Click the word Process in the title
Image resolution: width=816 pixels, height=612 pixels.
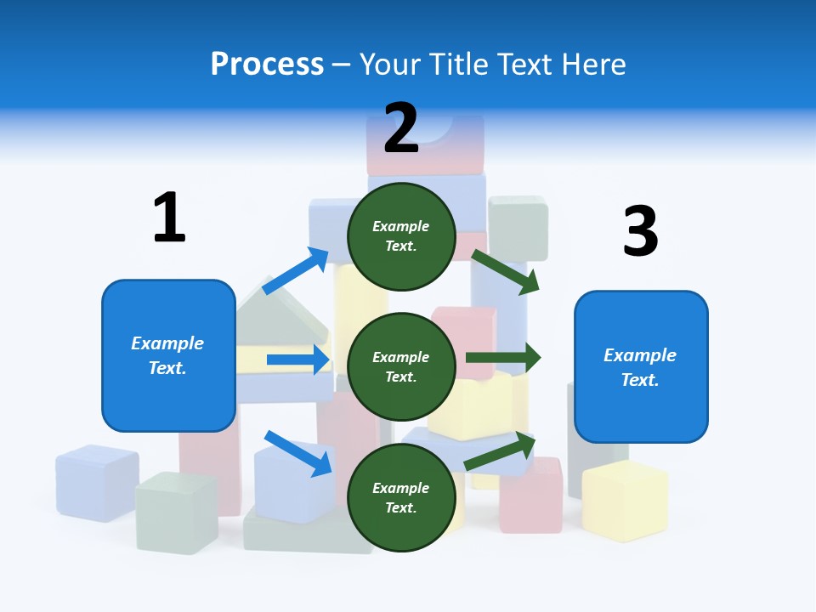[267, 65]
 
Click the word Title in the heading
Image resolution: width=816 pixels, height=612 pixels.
[459, 65]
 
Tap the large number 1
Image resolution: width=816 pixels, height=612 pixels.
[169, 218]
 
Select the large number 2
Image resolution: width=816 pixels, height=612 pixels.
[401, 128]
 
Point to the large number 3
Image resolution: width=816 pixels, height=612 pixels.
[640, 231]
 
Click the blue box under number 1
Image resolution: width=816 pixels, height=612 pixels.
[168, 355]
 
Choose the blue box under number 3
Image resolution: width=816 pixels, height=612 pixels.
[641, 367]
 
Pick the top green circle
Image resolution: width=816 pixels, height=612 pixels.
[401, 235]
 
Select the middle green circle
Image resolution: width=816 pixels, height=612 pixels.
[401, 366]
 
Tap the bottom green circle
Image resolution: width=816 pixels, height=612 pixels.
[401, 497]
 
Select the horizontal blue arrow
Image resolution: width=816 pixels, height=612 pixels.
[298, 360]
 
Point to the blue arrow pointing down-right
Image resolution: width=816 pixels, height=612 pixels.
[298, 453]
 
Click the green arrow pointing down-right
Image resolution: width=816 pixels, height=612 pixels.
[506, 271]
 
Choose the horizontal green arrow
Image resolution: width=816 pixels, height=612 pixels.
[502, 358]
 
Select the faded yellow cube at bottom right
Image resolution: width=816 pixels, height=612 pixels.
[625, 501]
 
